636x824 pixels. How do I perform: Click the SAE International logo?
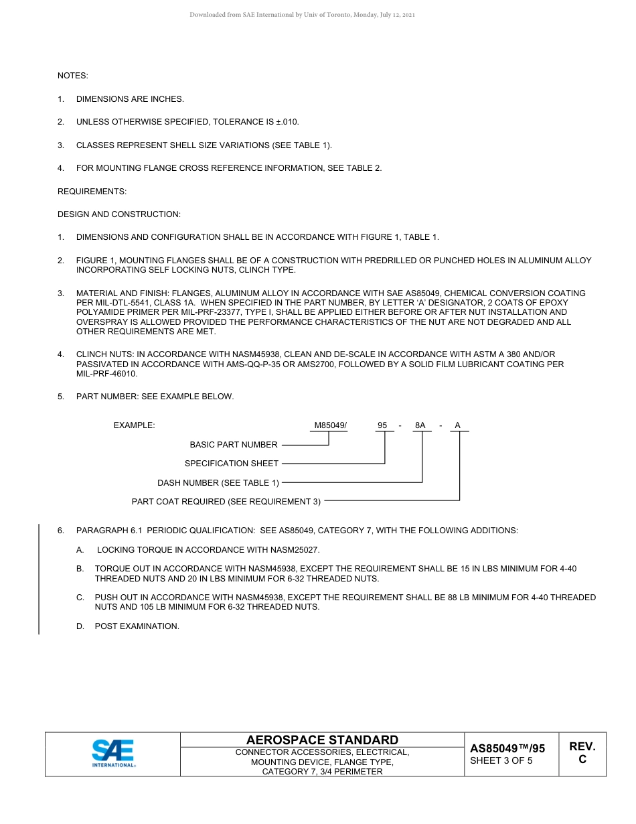[x=113, y=754]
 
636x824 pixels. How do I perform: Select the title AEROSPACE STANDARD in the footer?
[x=322, y=740]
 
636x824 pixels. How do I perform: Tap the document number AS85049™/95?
[x=507, y=748]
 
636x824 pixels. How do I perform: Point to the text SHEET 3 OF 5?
[x=501, y=760]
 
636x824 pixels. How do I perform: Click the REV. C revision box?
[x=582, y=753]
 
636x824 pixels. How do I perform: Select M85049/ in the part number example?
[x=331, y=425]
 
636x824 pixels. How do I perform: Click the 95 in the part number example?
[x=382, y=425]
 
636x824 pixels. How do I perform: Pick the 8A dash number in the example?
[x=420, y=425]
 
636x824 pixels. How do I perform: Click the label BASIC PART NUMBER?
[x=234, y=445]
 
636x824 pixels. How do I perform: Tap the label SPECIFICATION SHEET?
[x=232, y=464]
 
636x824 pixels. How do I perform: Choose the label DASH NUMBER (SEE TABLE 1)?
[x=218, y=483]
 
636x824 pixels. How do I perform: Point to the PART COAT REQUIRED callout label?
[x=226, y=502]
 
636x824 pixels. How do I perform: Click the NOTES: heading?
[x=73, y=76]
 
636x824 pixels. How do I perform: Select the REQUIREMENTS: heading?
[x=92, y=192]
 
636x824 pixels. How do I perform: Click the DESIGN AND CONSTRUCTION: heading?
[x=119, y=214]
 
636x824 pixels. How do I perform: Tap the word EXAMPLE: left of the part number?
[x=135, y=425]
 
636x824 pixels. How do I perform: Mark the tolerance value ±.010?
[x=287, y=122]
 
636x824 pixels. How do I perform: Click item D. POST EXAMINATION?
[x=137, y=626]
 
